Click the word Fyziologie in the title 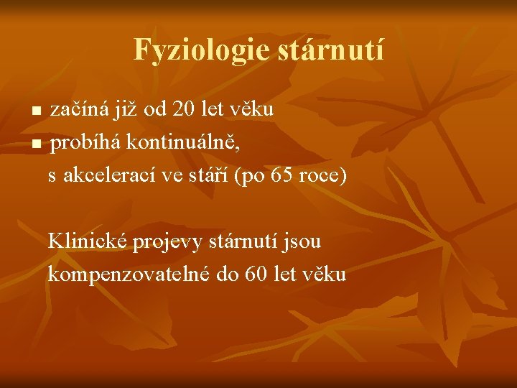click(192, 50)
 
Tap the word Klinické click(87, 241)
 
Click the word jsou click(303, 241)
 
